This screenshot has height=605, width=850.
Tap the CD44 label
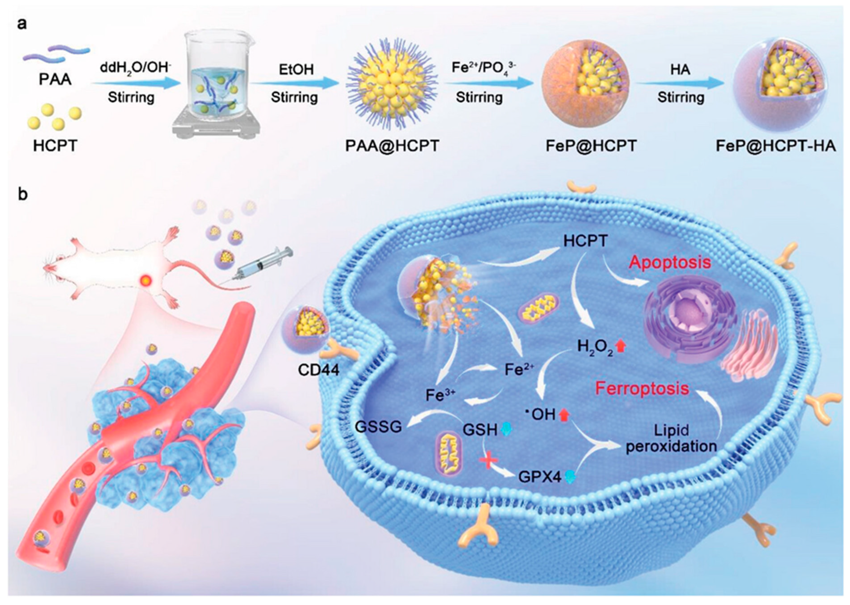[x=318, y=370]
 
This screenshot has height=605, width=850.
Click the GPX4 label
[x=539, y=477]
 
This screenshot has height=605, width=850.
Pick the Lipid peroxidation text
[x=671, y=438]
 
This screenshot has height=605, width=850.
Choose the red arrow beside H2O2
[x=621, y=346]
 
